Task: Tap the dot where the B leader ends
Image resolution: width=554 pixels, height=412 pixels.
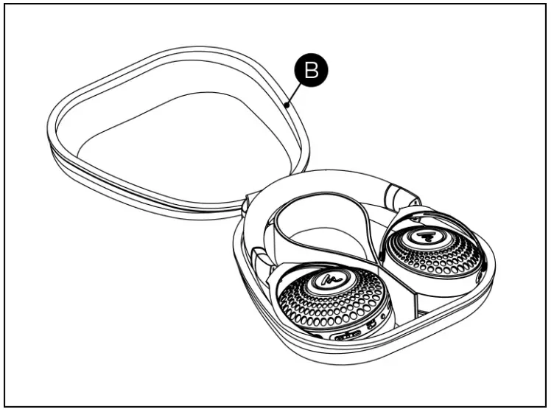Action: coord(285,105)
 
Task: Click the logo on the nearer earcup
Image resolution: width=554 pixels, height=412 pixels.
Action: coord(328,281)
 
